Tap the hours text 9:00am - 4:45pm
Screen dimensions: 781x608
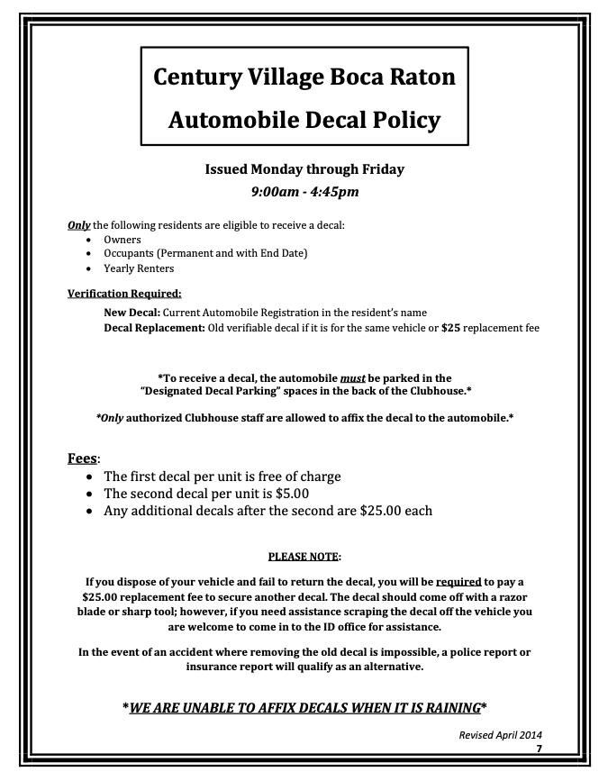tap(304, 191)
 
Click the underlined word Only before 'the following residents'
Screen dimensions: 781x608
tap(79, 225)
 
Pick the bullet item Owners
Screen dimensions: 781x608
tap(123, 240)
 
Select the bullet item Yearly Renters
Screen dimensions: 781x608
tap(139, 268)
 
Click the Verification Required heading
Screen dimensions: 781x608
tap(124, 293)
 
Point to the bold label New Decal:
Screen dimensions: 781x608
tap(132, 313)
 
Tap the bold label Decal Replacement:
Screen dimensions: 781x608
tap(154, 328)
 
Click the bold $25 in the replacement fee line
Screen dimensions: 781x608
tap(450, 328)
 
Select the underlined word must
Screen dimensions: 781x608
tap(352, 378)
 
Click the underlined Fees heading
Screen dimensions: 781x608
tap(82, 458)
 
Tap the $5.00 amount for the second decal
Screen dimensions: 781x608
tap(292, 494)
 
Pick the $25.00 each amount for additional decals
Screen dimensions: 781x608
tap(395, 511)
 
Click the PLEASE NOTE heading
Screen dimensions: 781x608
tap(303, 557)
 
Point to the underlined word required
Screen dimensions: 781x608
tap(458, 582)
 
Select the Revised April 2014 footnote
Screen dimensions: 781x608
tap(500, 735)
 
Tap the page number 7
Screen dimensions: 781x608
tap(539, 749)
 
